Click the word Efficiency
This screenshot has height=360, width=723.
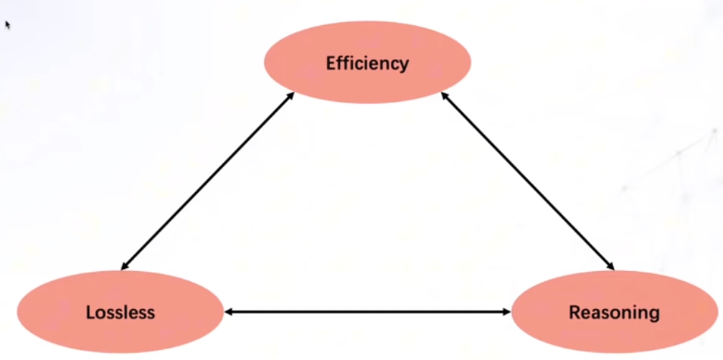tap(367, 63)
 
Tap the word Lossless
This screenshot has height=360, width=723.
tap(120, 313)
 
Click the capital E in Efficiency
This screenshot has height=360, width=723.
tap(331, 63)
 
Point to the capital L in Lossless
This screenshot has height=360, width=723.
tap(90, 313)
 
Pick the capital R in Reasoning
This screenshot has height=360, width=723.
tap(574, 313)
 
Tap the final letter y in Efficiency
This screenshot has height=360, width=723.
tap(404, 65)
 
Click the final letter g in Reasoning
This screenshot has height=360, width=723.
tap(653, 315)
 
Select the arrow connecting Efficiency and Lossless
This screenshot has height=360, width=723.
tap(208, 181)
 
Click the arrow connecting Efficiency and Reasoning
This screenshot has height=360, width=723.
tap(528, 181)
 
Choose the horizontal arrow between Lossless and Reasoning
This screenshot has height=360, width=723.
tap(367, 312)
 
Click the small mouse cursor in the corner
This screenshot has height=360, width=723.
tap(8, 24)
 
